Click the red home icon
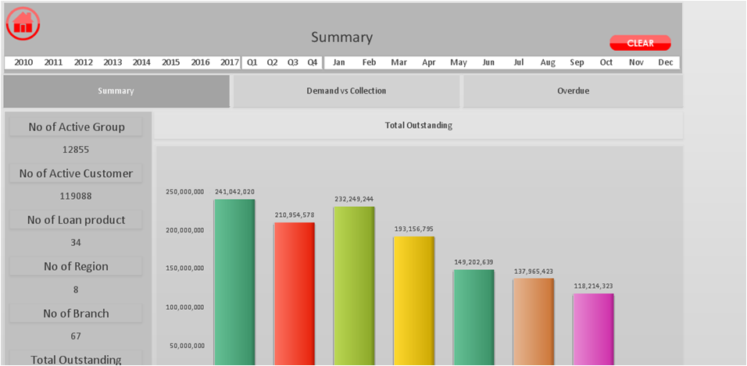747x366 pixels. [x=23, y=23]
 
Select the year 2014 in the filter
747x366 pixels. [x=141, y=62]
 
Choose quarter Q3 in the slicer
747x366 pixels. [x=292, y=62]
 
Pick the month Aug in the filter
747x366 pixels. [x=548, y=62]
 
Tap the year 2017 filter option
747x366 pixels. [x=230, y=62]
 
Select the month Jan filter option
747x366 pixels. [x=338, y=62]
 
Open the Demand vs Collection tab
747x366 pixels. [x=346, y=91]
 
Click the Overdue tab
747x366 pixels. [x=573, y=91]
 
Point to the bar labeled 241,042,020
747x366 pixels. [x=234, y=282]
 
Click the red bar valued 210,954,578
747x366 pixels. [x=295, y=294]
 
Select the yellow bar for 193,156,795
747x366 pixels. [x=414, y=301]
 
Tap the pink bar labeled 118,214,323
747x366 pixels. [x=594, y=330]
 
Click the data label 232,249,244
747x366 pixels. [x=355, y=199]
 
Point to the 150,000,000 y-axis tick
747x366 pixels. [x=185, y=268]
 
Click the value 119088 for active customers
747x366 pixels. [x=76, y=196]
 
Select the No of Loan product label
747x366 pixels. [x=77, y=220]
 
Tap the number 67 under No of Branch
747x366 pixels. [x=76, y=336]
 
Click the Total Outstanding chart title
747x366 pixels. [x=419, y=126]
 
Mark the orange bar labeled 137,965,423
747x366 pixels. [x=534, y=322]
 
